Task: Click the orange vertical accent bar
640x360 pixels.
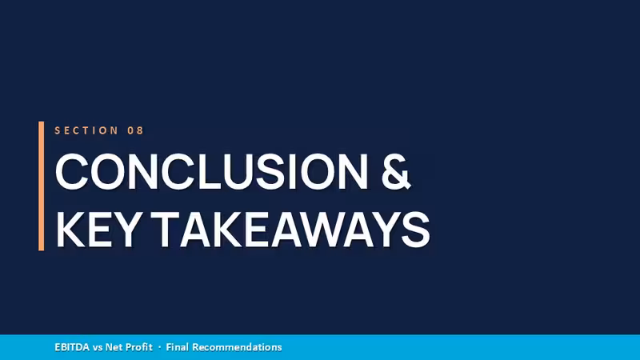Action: (42, 186)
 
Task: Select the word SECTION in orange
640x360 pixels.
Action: (86, 130)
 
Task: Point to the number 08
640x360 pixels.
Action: (135, 130)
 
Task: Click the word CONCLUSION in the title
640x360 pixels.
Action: (211, 171)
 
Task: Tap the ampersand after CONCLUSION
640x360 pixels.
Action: (395, 171)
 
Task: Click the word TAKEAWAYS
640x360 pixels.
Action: (293, 230)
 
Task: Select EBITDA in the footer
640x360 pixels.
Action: (72, 347)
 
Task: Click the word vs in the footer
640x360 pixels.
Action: (97, 348)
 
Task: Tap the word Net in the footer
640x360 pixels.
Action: (114, 347)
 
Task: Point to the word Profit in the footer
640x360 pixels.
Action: (138, 347)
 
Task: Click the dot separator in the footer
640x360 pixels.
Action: (159, 348)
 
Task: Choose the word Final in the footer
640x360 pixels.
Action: (177, 347)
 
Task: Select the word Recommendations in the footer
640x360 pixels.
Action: (237, 347)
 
